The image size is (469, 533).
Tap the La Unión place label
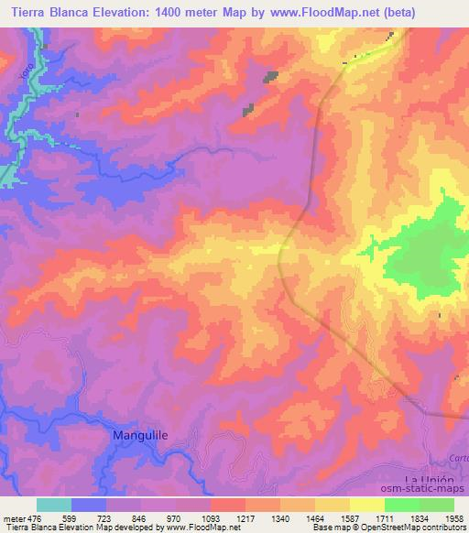[x=431, y=480]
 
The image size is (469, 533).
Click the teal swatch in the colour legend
[x=54, y=505]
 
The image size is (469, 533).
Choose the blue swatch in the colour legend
[x=89, y=505]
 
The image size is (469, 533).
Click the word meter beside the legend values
[x=16, y=519]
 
